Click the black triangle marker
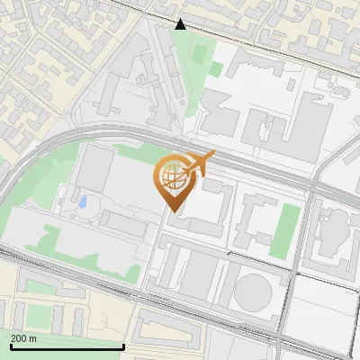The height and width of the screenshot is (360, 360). pos(181,24)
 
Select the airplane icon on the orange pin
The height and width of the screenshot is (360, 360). pos(198,165)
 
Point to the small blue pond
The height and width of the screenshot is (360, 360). pos(84,202)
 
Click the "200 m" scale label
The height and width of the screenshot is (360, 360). pos(24,338)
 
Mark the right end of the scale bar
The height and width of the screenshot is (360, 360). pos(123,346)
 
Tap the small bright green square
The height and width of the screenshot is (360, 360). pos(216,68)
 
